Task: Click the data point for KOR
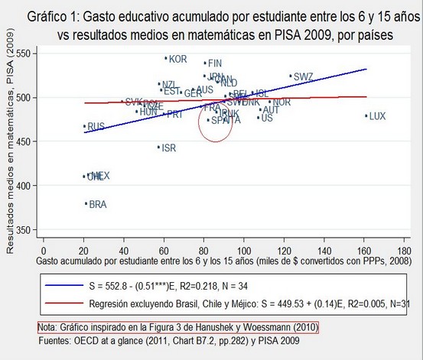[x=166, y=58]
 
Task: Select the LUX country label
[x=378, y=116]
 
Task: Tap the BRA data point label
[x=97, y=204]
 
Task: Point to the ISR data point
[x=158, y=147]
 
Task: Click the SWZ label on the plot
[x=303, y=76]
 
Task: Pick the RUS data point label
[x=96, y=126]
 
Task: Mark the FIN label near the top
[x=215, y=63]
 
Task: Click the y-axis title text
[x=11, y=141]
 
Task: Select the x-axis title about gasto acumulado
[x=218, y=261]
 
